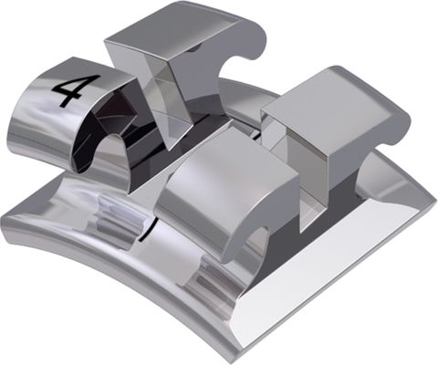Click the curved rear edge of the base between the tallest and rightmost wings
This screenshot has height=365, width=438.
pyautogui.click(x=260, y=91)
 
